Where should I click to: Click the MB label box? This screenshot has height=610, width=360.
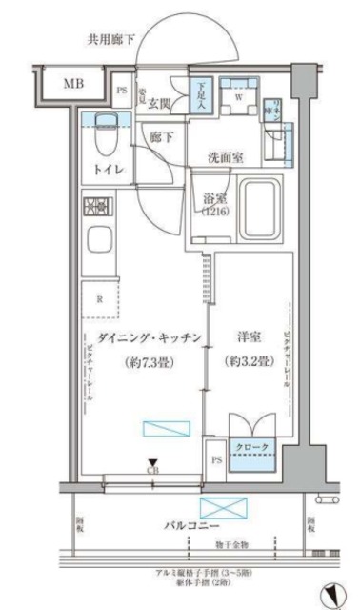pos(73,85)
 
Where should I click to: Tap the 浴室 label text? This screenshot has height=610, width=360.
pos(214,199)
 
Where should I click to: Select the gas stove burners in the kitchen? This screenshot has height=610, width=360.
pos(96,207)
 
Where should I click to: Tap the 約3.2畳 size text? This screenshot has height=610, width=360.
pos(249,363)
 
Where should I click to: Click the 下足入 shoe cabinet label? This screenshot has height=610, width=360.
pos(201,96)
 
